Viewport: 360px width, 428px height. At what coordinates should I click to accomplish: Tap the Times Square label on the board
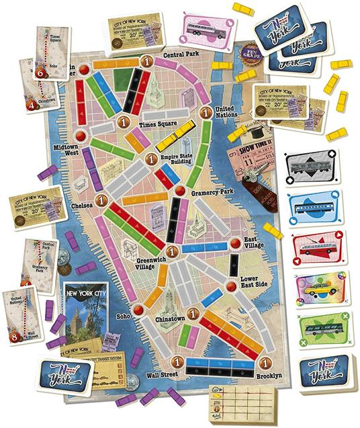156,125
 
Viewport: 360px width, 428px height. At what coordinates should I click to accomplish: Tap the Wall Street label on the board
166,374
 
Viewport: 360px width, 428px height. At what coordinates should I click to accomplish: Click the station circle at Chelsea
102,200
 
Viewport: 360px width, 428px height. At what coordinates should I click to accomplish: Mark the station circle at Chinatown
193,312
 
